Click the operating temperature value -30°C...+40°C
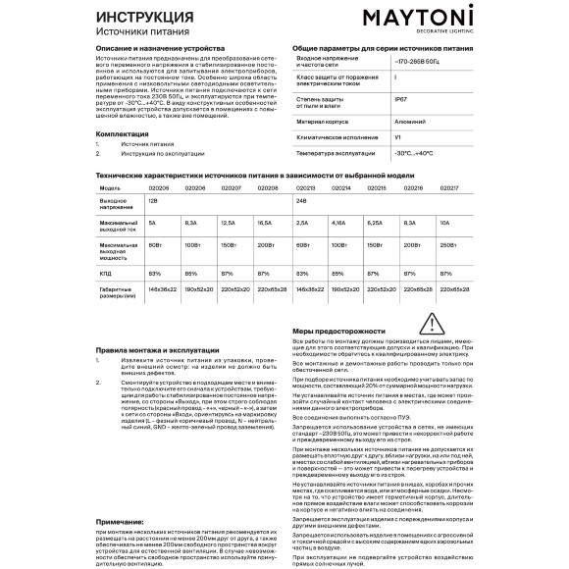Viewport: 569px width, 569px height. [413, 154]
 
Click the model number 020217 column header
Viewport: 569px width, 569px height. [450, 186]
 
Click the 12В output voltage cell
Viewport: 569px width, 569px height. [152, 200]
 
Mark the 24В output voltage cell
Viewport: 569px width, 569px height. [301, 200]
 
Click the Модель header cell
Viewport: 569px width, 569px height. [109, 186]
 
